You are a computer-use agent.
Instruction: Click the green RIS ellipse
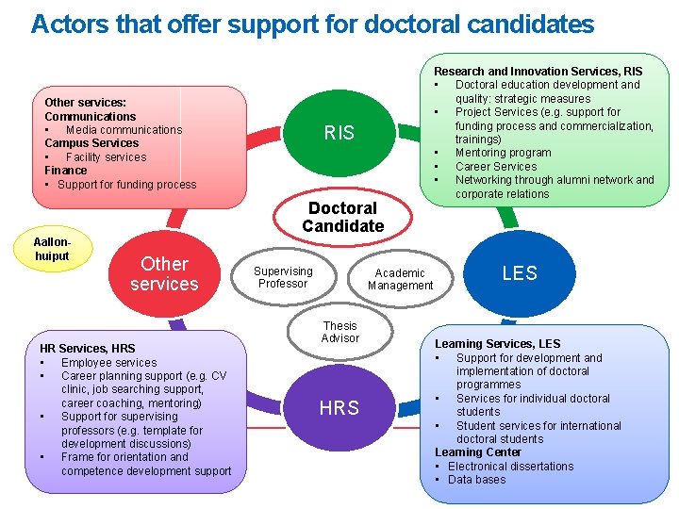339,133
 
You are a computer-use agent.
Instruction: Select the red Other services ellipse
164,273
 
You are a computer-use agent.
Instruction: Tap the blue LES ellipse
519,273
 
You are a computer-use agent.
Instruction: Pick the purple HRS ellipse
339,408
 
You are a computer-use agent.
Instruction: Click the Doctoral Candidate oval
342,217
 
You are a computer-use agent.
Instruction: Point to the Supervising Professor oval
283,277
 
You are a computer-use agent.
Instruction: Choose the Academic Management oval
401,279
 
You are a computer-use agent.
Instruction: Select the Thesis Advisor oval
339,332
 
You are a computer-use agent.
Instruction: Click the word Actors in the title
67,24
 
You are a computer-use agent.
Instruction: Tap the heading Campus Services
91,143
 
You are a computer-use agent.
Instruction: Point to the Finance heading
66,171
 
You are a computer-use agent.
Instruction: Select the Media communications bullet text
124,130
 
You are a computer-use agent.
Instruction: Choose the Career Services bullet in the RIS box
495,167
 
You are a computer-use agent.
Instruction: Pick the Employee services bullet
108,363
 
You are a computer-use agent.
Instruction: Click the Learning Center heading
478,452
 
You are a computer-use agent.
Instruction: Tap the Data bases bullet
476,480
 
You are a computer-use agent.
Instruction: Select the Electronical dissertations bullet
510,467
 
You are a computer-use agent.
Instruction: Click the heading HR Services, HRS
88,349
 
